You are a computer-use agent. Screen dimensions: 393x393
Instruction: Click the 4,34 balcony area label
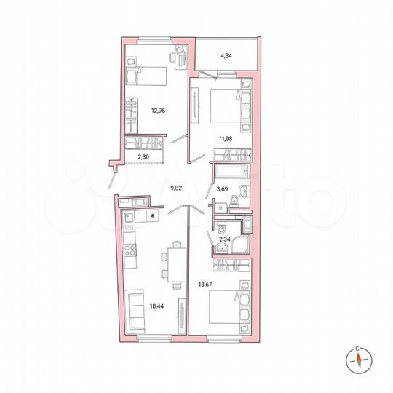tap(226, 54)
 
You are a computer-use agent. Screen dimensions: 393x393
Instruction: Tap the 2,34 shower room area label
tap(225, 237)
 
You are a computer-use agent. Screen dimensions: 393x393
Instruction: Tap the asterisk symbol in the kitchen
tap(152, 216)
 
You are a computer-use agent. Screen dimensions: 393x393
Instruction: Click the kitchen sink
tap(129, 218)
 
